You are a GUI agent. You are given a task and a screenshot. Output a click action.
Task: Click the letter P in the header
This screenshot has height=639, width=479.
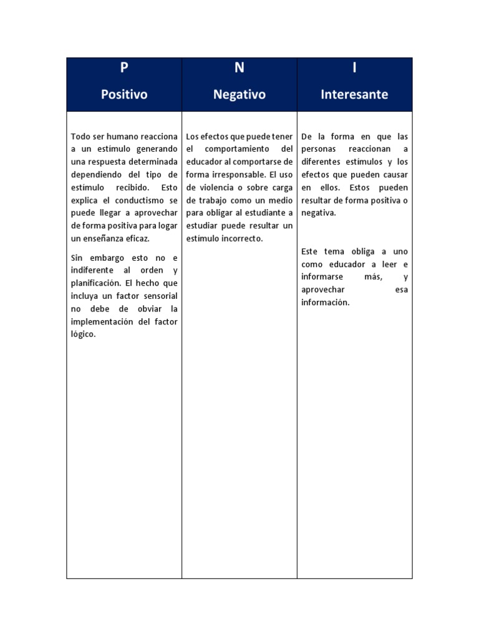click(123, 68)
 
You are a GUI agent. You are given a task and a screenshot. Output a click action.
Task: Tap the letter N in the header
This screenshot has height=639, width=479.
click(239, 68)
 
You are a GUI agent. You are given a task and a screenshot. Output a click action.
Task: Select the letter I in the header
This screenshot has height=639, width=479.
click(354, 68)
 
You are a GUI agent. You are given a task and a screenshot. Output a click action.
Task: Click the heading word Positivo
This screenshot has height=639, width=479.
click(124, 95)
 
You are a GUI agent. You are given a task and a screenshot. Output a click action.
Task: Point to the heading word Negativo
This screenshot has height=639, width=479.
click(239, 95)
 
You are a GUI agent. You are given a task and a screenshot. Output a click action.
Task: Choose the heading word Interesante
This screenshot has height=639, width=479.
click(354, 95)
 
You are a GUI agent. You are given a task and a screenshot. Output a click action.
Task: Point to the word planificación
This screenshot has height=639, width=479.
click(95, 283)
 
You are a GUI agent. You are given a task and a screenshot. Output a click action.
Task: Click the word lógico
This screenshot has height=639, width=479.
click(83, 334)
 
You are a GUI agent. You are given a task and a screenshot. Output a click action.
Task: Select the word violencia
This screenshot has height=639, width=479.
click(223, 187)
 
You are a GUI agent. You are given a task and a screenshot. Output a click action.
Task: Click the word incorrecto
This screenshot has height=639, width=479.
click(239, 238)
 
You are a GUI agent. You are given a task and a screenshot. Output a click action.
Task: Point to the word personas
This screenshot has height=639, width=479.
click(319, 149)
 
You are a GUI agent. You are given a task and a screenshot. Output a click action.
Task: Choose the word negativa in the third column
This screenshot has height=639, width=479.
click(318, 213)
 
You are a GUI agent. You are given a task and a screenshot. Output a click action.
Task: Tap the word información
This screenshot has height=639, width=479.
click(325, 302)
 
